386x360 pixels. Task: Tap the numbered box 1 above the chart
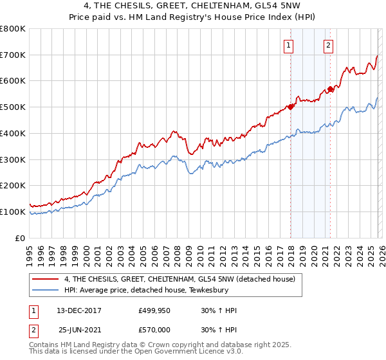tap(288, 45)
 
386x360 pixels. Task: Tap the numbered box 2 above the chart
tap(328, 45)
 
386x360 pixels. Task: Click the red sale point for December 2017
tap(290, 107)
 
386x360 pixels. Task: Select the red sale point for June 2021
tap(331, 89)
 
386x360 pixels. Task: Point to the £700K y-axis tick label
tap(13, 55)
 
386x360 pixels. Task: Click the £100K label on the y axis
tap(13, 212)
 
